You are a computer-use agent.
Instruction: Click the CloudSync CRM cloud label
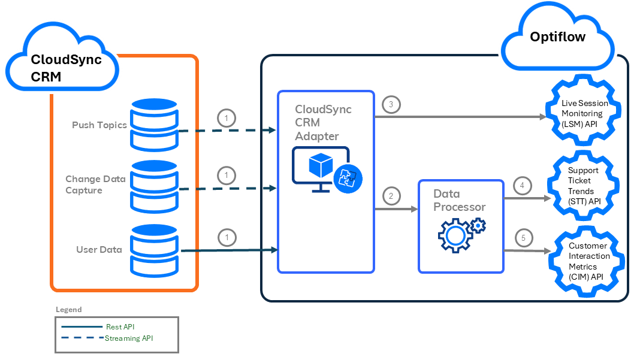66,68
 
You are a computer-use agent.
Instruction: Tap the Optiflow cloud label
557,37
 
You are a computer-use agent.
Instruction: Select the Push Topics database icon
155,126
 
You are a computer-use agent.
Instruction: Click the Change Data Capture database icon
155,186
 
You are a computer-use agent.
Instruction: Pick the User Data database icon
155,249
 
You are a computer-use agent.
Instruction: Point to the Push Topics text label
99,125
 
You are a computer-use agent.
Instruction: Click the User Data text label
99,250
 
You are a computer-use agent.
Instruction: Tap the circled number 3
391,105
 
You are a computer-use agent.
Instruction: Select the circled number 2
391,195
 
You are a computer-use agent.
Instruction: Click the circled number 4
522,186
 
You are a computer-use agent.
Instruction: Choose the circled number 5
523,238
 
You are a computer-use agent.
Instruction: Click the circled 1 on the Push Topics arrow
226,118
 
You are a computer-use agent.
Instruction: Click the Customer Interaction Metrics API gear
587,261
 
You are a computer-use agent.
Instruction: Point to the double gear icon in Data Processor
460,234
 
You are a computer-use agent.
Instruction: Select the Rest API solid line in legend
81,326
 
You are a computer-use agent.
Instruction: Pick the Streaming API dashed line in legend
81,338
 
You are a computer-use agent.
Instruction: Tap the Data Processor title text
460,201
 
